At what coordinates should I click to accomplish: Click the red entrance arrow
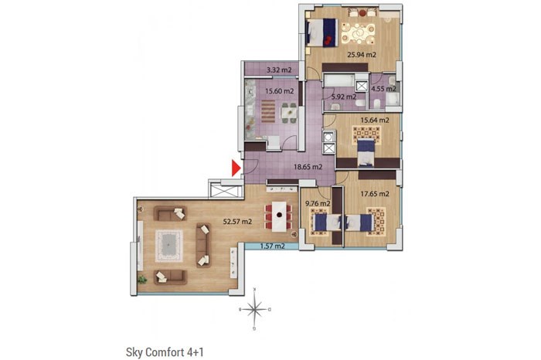tap(236, 168)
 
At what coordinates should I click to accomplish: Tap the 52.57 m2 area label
tap(237, 222)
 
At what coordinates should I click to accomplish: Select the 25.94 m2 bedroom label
tap(362, 55)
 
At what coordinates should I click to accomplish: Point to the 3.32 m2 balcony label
tap(279, 70)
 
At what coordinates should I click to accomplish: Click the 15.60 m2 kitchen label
tap(280, 91)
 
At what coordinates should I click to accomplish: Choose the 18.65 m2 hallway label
tap(308, 167)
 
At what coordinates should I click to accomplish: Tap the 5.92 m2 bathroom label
tap(344, 97)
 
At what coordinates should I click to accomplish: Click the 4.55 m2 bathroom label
tap(383, 89)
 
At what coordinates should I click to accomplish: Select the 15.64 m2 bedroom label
tap(375, 121)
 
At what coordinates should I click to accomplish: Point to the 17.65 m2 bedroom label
tap(375, 194)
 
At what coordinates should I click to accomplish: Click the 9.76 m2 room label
tap(318, 204)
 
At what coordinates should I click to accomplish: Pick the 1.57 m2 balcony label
tap(273, 246)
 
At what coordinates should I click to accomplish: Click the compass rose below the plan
tap(254, 309)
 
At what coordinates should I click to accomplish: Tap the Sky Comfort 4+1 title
tap(165, 352)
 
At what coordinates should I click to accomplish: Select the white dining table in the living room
tap(279, 216)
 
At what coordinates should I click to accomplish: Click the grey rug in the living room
tap(168, 246)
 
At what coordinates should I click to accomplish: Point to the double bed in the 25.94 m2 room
tap(322, 32)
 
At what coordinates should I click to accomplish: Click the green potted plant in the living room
tap(141, 279)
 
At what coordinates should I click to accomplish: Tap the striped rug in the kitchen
tap(268, 111)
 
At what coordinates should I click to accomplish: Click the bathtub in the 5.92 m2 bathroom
tap(339, 81)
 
